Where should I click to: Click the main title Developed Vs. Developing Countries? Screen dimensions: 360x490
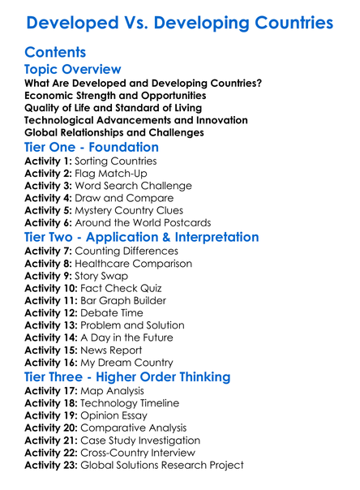click(x=180, y=22)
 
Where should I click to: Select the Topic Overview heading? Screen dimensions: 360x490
click(x=73, y=70)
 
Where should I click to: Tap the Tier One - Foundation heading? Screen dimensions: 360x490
click(x=92, y=148)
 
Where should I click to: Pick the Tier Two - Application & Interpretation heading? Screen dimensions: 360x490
click(x=142, y=237)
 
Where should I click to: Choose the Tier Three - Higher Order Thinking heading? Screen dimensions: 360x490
click(x=127, y=377)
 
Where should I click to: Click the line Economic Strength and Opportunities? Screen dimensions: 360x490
click(x=114, y=96)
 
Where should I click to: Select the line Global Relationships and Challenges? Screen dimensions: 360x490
click(x=114, y=132)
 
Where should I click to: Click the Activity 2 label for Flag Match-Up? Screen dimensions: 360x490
click(x=49, y=173)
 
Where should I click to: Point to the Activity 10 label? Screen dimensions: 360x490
click(x=53, y=288)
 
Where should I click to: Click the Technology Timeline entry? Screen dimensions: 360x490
click(x=131, y=403)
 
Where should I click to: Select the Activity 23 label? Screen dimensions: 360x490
click(x=53, y=466)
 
